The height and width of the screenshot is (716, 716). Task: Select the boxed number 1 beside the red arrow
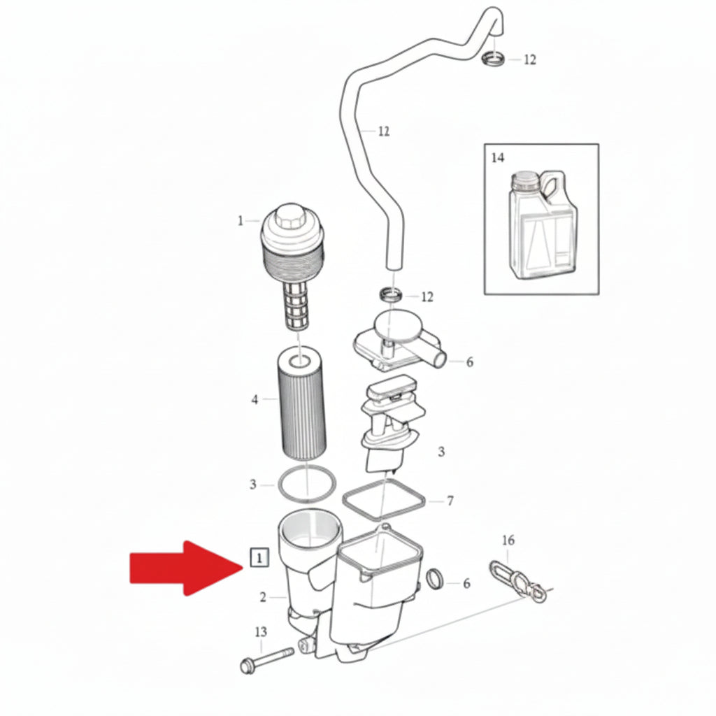pos(259,557)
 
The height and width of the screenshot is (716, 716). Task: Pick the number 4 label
pos(255,400)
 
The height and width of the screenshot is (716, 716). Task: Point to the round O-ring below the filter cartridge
pos(307,485)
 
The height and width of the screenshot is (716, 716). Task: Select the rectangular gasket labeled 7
pos(384,500)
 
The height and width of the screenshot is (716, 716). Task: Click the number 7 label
pos(450,501)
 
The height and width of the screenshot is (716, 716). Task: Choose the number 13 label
pos(261,632)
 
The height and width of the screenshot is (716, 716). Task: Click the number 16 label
pos(508,540)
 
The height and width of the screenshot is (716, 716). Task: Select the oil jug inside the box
pos(543,224)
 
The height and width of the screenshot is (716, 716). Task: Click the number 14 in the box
pos(498,157)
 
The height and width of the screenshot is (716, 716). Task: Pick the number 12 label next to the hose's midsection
pos(384,131)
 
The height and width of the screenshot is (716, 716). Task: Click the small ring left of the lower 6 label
pos(435,579)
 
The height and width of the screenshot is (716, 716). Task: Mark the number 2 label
pos(263,597)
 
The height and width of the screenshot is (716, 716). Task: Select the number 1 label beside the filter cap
pos(241,221)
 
